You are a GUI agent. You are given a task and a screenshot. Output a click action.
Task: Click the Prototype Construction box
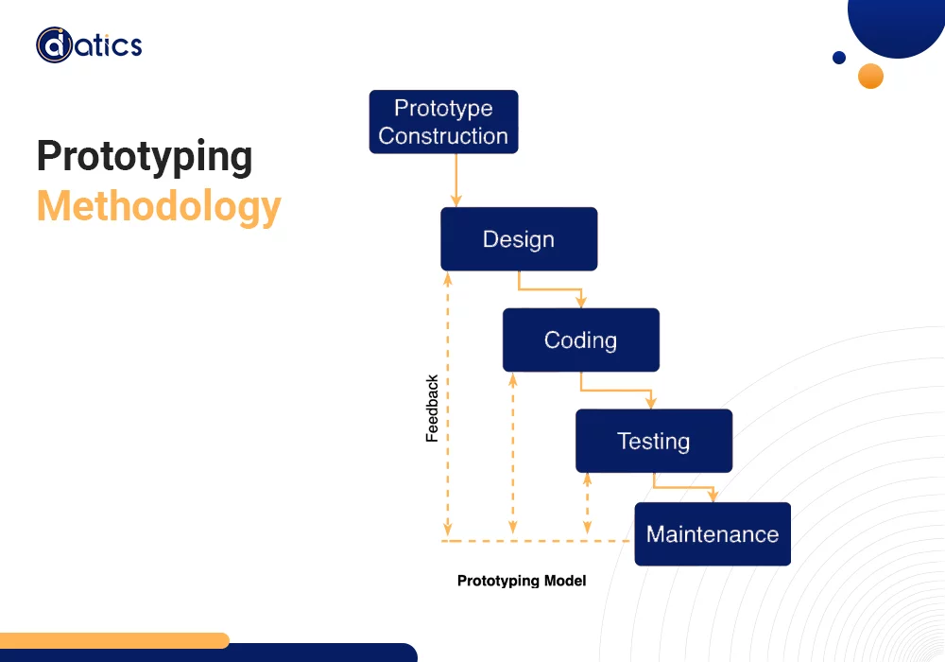click(443, 122)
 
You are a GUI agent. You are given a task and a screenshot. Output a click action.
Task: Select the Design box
click(519, 239)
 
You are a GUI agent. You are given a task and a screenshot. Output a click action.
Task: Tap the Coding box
click(580, 340)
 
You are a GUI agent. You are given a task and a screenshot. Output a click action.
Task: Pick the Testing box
click(653, 441)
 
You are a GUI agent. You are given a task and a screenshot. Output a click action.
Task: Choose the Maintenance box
click(712, 534)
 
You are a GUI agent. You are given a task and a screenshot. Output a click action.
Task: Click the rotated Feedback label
click(432, 409)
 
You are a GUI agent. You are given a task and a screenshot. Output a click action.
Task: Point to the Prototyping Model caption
click(522, 581)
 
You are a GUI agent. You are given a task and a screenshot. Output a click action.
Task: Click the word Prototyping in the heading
click(145, 157)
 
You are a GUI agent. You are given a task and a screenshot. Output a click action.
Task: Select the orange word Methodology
click(159, 206)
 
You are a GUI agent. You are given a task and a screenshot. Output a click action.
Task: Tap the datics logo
click(89, 45)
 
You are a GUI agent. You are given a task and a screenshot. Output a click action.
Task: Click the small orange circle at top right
click(870, 76)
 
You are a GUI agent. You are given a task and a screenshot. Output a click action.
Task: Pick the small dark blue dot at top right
click(838, 58)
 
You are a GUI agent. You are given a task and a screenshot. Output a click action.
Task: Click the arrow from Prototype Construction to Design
click(456, 180)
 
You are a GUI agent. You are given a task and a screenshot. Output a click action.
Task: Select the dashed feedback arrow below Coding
click(513, 454)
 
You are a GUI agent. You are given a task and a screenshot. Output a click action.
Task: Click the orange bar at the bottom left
click(113, 640)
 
